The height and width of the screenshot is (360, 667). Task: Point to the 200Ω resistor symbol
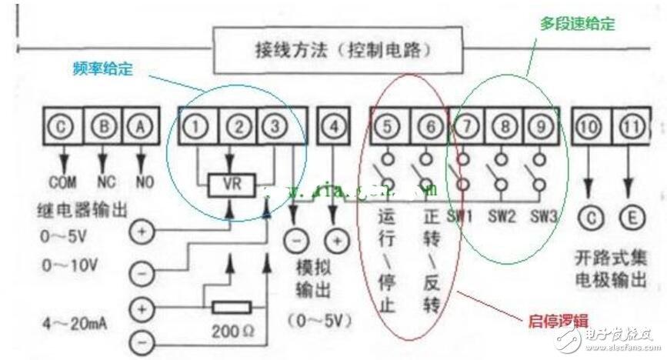pyautogui.click(x=230, y=308)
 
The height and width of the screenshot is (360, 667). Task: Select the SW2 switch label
pyautogui.click(x=500, y=216)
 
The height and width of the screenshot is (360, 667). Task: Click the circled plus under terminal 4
pyautogui.click(x=334, y=239)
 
